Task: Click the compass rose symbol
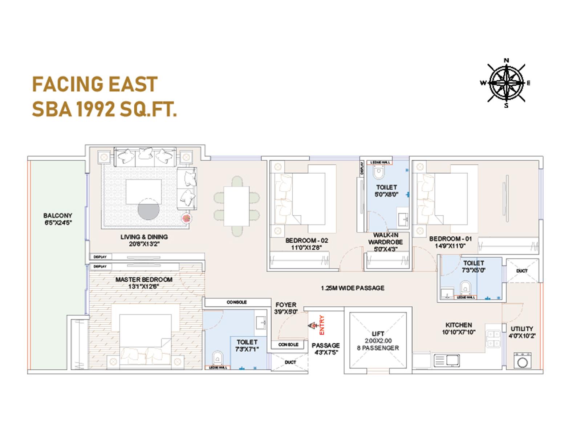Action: coord(506,83)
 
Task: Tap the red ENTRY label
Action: coord(322,325)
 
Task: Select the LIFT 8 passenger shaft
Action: coord(378,341)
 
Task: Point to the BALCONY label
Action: coord(58,219)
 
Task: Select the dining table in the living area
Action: coord(236,206)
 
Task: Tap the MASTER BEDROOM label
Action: coord(144,283)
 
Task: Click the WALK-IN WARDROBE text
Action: coord(386,242)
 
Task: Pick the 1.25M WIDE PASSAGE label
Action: coord(352,288)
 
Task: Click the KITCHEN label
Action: coord(459,328)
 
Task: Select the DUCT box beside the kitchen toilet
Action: coord(522,271)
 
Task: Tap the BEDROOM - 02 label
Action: coord(306,244)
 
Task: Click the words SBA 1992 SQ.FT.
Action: coord(104,109)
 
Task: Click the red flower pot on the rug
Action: coord(186,218)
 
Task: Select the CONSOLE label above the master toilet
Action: coord(237,302)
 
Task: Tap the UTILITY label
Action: coord(522,332)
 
